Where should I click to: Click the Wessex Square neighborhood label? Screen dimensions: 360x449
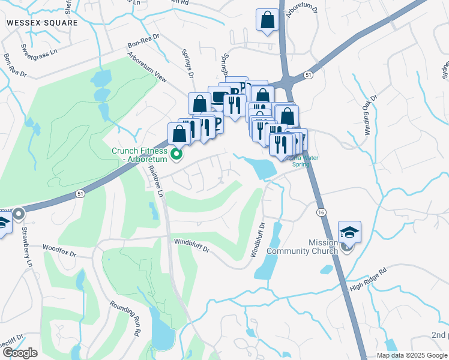[x=42, y=23]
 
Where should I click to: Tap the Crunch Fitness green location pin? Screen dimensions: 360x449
[x=176, y=155]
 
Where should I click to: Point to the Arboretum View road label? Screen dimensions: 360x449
[x=147, y=67]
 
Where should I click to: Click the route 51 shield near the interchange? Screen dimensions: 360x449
[x=309, y=74]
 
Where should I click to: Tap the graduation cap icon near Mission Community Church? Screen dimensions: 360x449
[x=349, y=231]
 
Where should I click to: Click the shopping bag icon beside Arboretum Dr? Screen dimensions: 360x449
[x=267, y=19]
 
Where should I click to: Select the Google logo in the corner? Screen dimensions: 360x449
[x=20, y=353]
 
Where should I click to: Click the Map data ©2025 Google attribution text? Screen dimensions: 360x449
[x=412, y=355]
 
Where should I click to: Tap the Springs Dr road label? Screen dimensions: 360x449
[x=188, y=67]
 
